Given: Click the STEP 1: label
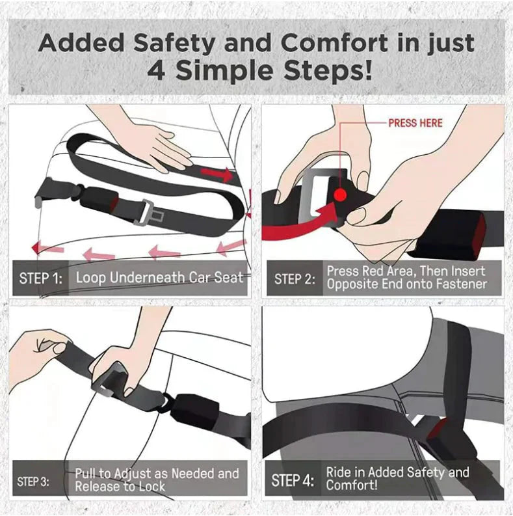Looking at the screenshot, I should pos(41,278).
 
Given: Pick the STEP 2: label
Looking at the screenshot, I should pos(295,278).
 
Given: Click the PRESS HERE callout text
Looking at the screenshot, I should pos(415,123).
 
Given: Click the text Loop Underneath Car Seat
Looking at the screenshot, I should pos(159,278).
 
